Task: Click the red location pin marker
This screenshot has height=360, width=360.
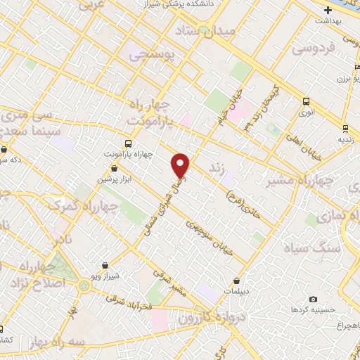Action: (x=181, y=165)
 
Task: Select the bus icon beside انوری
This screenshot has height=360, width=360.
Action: (x=305, y=101)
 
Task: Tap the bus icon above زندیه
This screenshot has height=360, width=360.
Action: (x=345, y=128)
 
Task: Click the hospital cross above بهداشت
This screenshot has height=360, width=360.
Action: (x=328, y=11)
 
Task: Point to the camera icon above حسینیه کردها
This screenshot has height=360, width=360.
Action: (x=313, y=300)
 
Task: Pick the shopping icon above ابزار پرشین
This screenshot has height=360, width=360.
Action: (x=115, y=169)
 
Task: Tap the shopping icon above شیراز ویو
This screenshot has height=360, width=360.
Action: (x=105, y=265)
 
